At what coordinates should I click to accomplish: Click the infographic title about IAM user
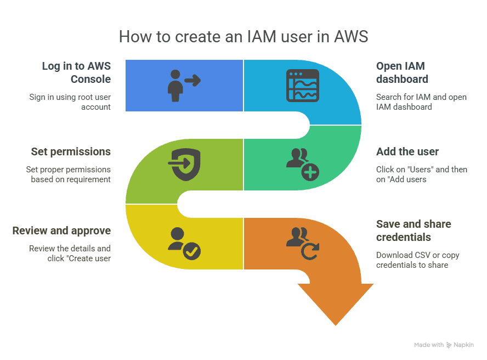click(243, 37)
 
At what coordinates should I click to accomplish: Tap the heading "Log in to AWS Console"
click(76, 72)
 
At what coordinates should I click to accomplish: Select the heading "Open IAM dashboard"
click(402, 72)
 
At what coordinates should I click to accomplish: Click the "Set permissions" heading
click(71, 151)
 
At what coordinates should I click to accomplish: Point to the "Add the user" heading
click(407, 151)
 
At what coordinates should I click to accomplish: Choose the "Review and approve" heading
click(61, 230)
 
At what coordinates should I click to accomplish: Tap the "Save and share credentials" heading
click(414, 230)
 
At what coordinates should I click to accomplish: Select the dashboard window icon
click(303, 86)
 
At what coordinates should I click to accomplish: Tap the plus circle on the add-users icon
click(310, 172)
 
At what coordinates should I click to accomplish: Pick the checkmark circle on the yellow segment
click(191, 251)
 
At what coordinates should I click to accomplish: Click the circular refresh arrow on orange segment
click(310, 251)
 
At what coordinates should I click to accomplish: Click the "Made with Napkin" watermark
click(444, 345)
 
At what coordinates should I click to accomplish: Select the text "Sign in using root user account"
click(70, 102)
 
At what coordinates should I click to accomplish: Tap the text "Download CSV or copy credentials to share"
click(418, 260)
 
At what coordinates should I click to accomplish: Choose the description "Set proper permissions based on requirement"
click(69, 175)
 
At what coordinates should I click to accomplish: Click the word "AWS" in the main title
click(351, 37)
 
